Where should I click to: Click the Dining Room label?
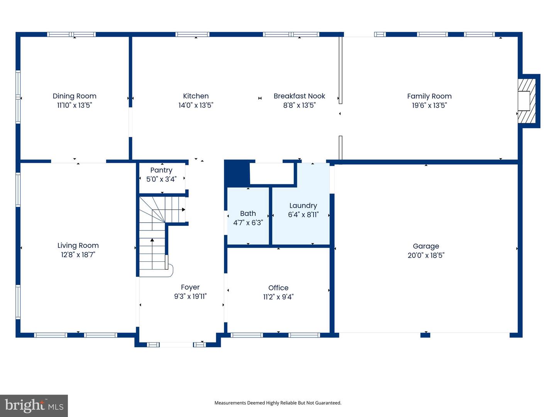[x=75, y=96]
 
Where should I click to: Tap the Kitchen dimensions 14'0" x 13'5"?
[x=196, y=105]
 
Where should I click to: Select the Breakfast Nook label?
[x=299, y=96]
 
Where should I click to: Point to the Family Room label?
[x=429, y=97]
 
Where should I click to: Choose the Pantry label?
[x=161, y=170]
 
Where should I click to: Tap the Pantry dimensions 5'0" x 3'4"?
[x=161, y=179]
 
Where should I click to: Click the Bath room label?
[x=248, y=214]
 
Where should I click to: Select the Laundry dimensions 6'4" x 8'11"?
[x=303, y=215]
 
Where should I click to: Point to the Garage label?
[x=426, y=246]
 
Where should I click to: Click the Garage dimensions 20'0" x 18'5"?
[x=426, y=255]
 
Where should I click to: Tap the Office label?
[x=278, y=288]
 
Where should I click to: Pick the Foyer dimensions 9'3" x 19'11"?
[x=190, y=296]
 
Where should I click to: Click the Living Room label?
[x=78, y=246]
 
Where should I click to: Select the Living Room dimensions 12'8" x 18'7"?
[x=78, y=255]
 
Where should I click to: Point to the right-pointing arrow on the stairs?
[x=175, y=210]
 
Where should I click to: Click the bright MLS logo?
[x=34, y=405]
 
